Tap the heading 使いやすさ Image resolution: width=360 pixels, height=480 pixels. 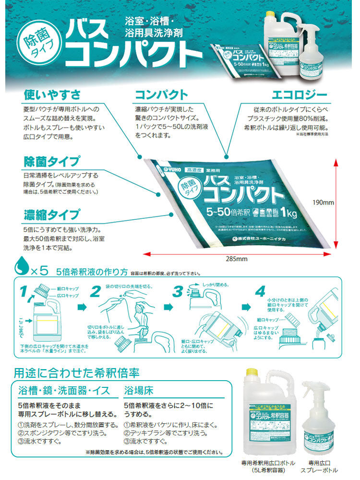[51, 93]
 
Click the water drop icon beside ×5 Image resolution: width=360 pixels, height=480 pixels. [21, 267]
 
